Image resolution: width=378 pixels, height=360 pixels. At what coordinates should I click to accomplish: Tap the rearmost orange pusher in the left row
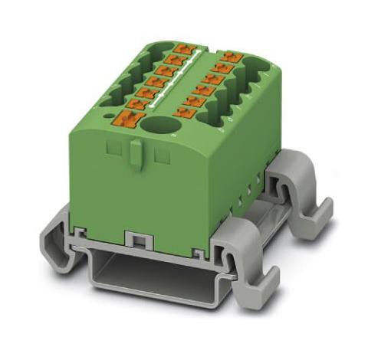(x=182, y=50)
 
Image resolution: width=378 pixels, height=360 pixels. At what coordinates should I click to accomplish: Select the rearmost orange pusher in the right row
(x=229, y=58)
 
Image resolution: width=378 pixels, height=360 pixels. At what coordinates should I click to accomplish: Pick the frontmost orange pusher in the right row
(x=183, y=112)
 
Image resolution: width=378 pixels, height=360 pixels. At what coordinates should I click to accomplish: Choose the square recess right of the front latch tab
(x=161, y=156)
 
